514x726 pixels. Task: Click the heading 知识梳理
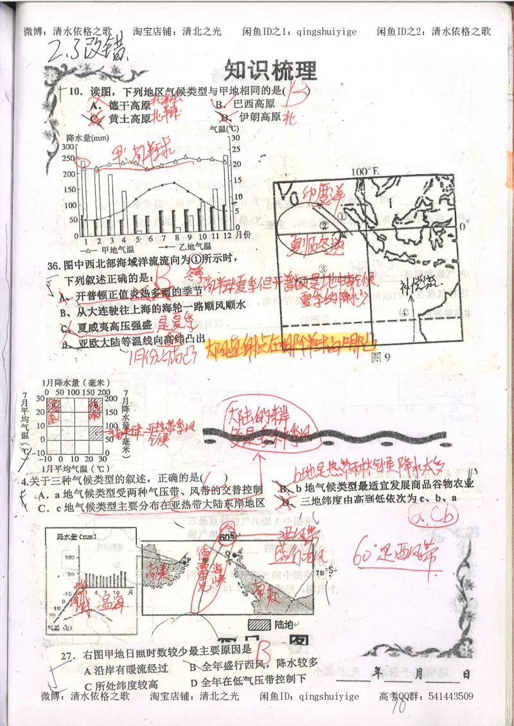coord(271,69)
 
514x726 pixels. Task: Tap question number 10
coord(76,92)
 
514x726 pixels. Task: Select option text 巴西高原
coord(254,104)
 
